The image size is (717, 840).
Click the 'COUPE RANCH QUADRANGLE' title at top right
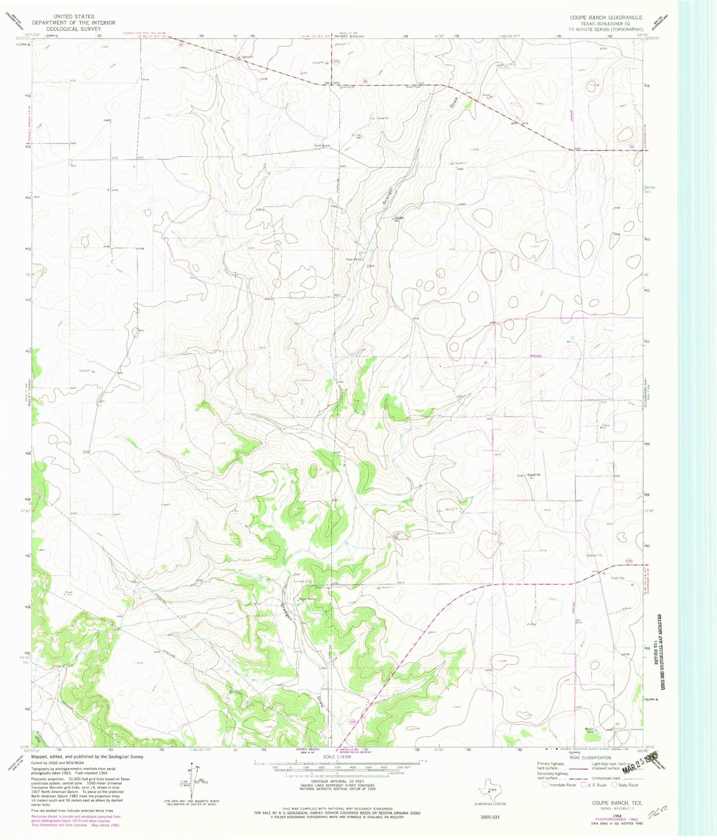click(606, 17)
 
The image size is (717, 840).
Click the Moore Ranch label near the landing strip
click(307, 599)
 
